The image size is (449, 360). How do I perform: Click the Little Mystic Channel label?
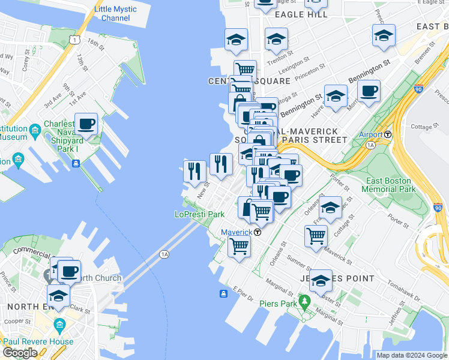pyautogui.click(x=115, y=14)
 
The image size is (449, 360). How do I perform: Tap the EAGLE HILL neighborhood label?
pyautogui.click(x=301, y=14)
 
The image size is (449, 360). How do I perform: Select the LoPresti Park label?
pyautogui.click(x=199, y=214)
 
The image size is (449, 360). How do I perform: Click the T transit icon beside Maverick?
pyautogui.click(x=257, y=232)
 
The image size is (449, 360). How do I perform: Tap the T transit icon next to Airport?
pyautogui.click(x=388, y=134)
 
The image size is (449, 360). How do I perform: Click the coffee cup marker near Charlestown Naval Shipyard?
pyautogui.click(x=86, y=124)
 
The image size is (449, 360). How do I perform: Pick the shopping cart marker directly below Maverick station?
pyautogui.click(x=239, y=245)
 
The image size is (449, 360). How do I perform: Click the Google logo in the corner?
pyautogui.click(x=20, y=353)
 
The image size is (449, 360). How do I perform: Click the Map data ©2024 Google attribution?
pyautogui.click(x=411, y=355)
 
